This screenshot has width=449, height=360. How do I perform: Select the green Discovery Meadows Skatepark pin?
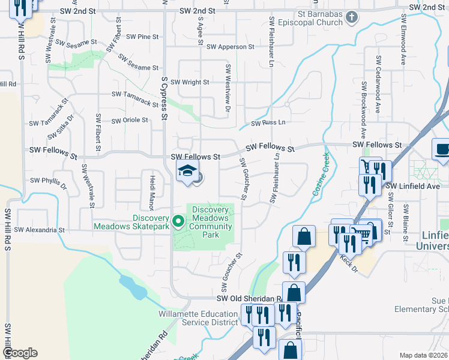coord(178,221)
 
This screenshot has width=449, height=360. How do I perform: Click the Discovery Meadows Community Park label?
coord(210,222)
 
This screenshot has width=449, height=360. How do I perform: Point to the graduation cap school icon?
coord(187,170)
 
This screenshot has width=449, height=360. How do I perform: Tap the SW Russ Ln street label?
coord(268,123)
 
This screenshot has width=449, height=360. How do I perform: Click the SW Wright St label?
coord(190,82)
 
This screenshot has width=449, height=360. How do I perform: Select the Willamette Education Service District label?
coord(198,318)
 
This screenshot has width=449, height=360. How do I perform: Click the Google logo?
coord(20,353)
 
